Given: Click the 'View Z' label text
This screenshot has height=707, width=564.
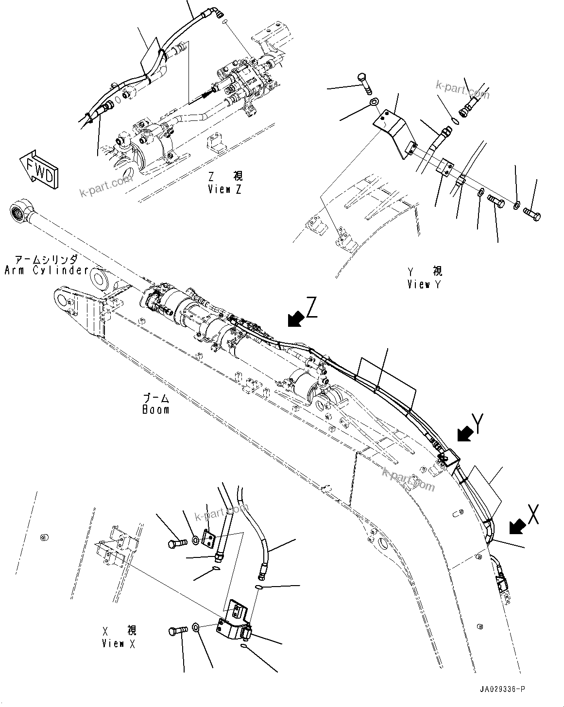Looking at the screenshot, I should point(225,184).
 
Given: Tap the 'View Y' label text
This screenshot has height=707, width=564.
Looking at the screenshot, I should point(425,278).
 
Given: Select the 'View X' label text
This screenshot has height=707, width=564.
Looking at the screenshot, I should point(120,637).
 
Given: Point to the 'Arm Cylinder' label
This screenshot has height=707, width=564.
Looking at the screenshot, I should point(46,266).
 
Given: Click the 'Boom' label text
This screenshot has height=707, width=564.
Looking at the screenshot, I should point(156,404).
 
